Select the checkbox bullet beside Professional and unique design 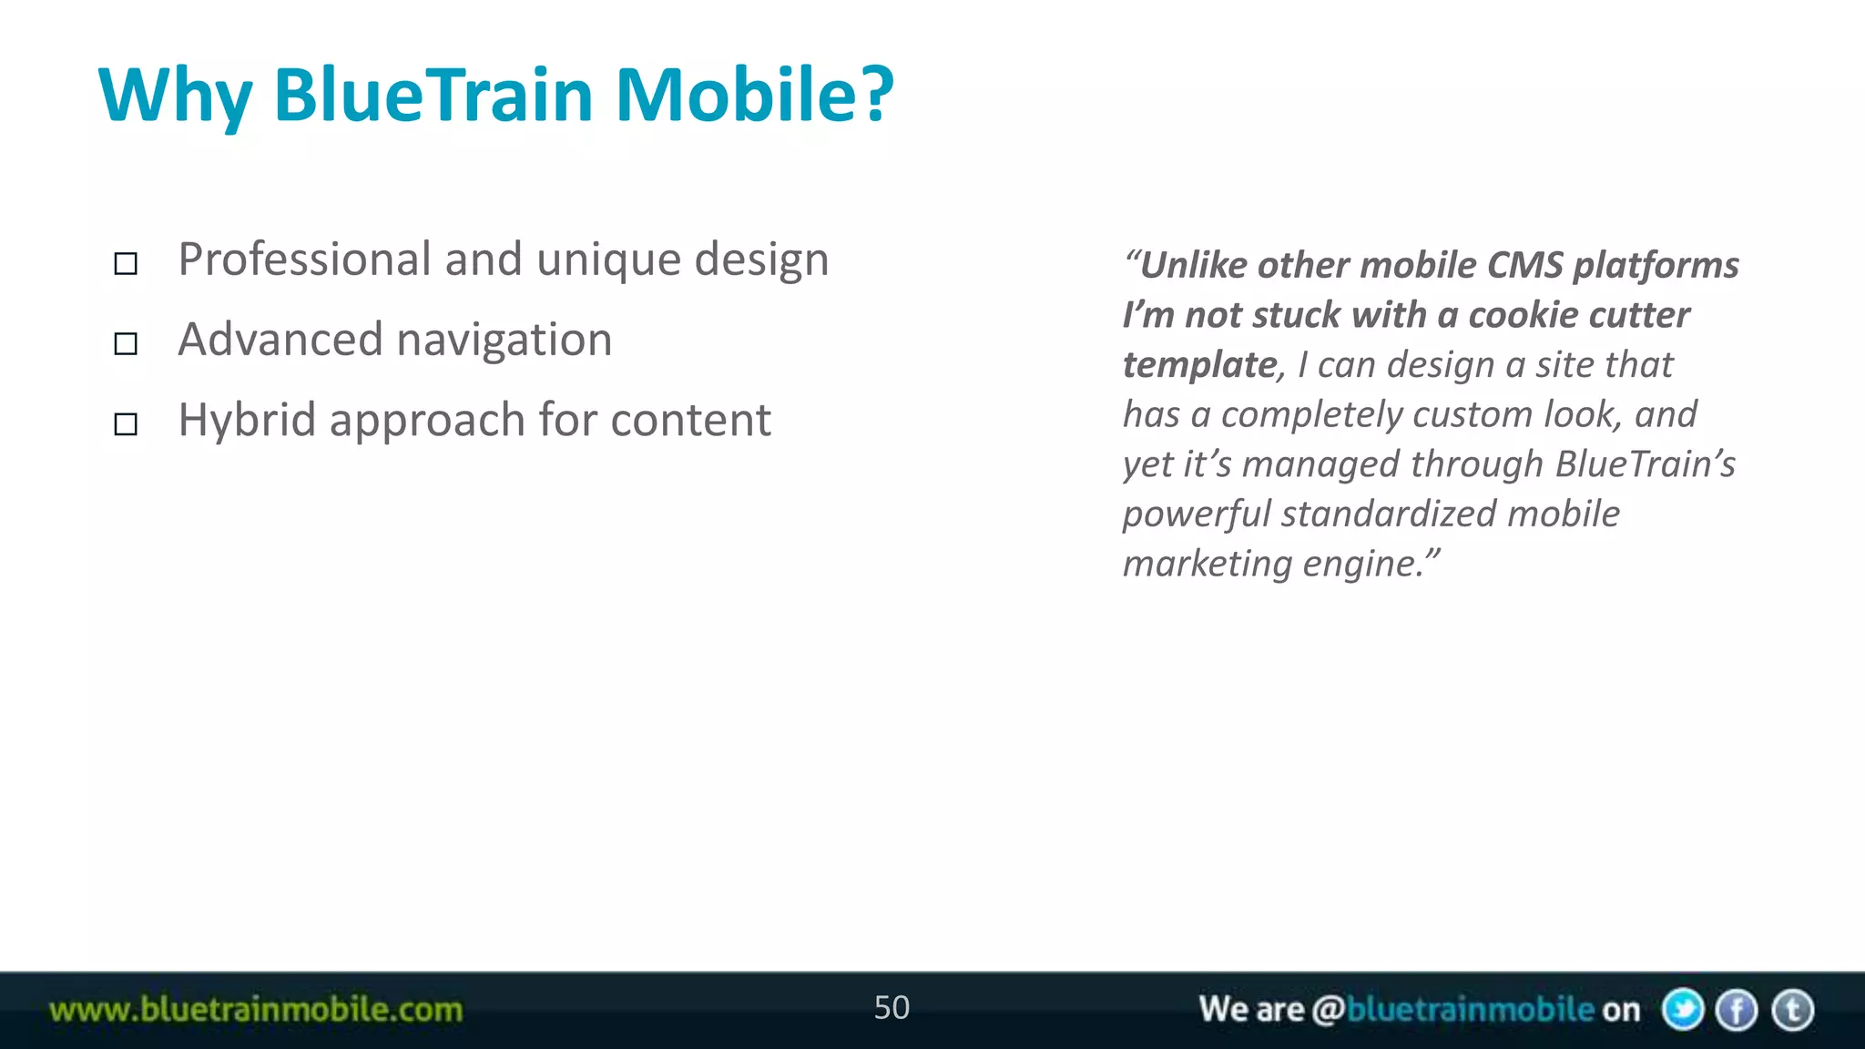126,264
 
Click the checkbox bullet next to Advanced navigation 126,344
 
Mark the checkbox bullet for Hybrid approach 126,424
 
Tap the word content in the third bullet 690,422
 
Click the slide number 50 892,1008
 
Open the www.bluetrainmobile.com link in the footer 256,1010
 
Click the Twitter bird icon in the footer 1683,1010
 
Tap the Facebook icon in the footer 1738,1010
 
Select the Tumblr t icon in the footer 1793,1010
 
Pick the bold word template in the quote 1200,365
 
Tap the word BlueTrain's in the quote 1645,464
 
